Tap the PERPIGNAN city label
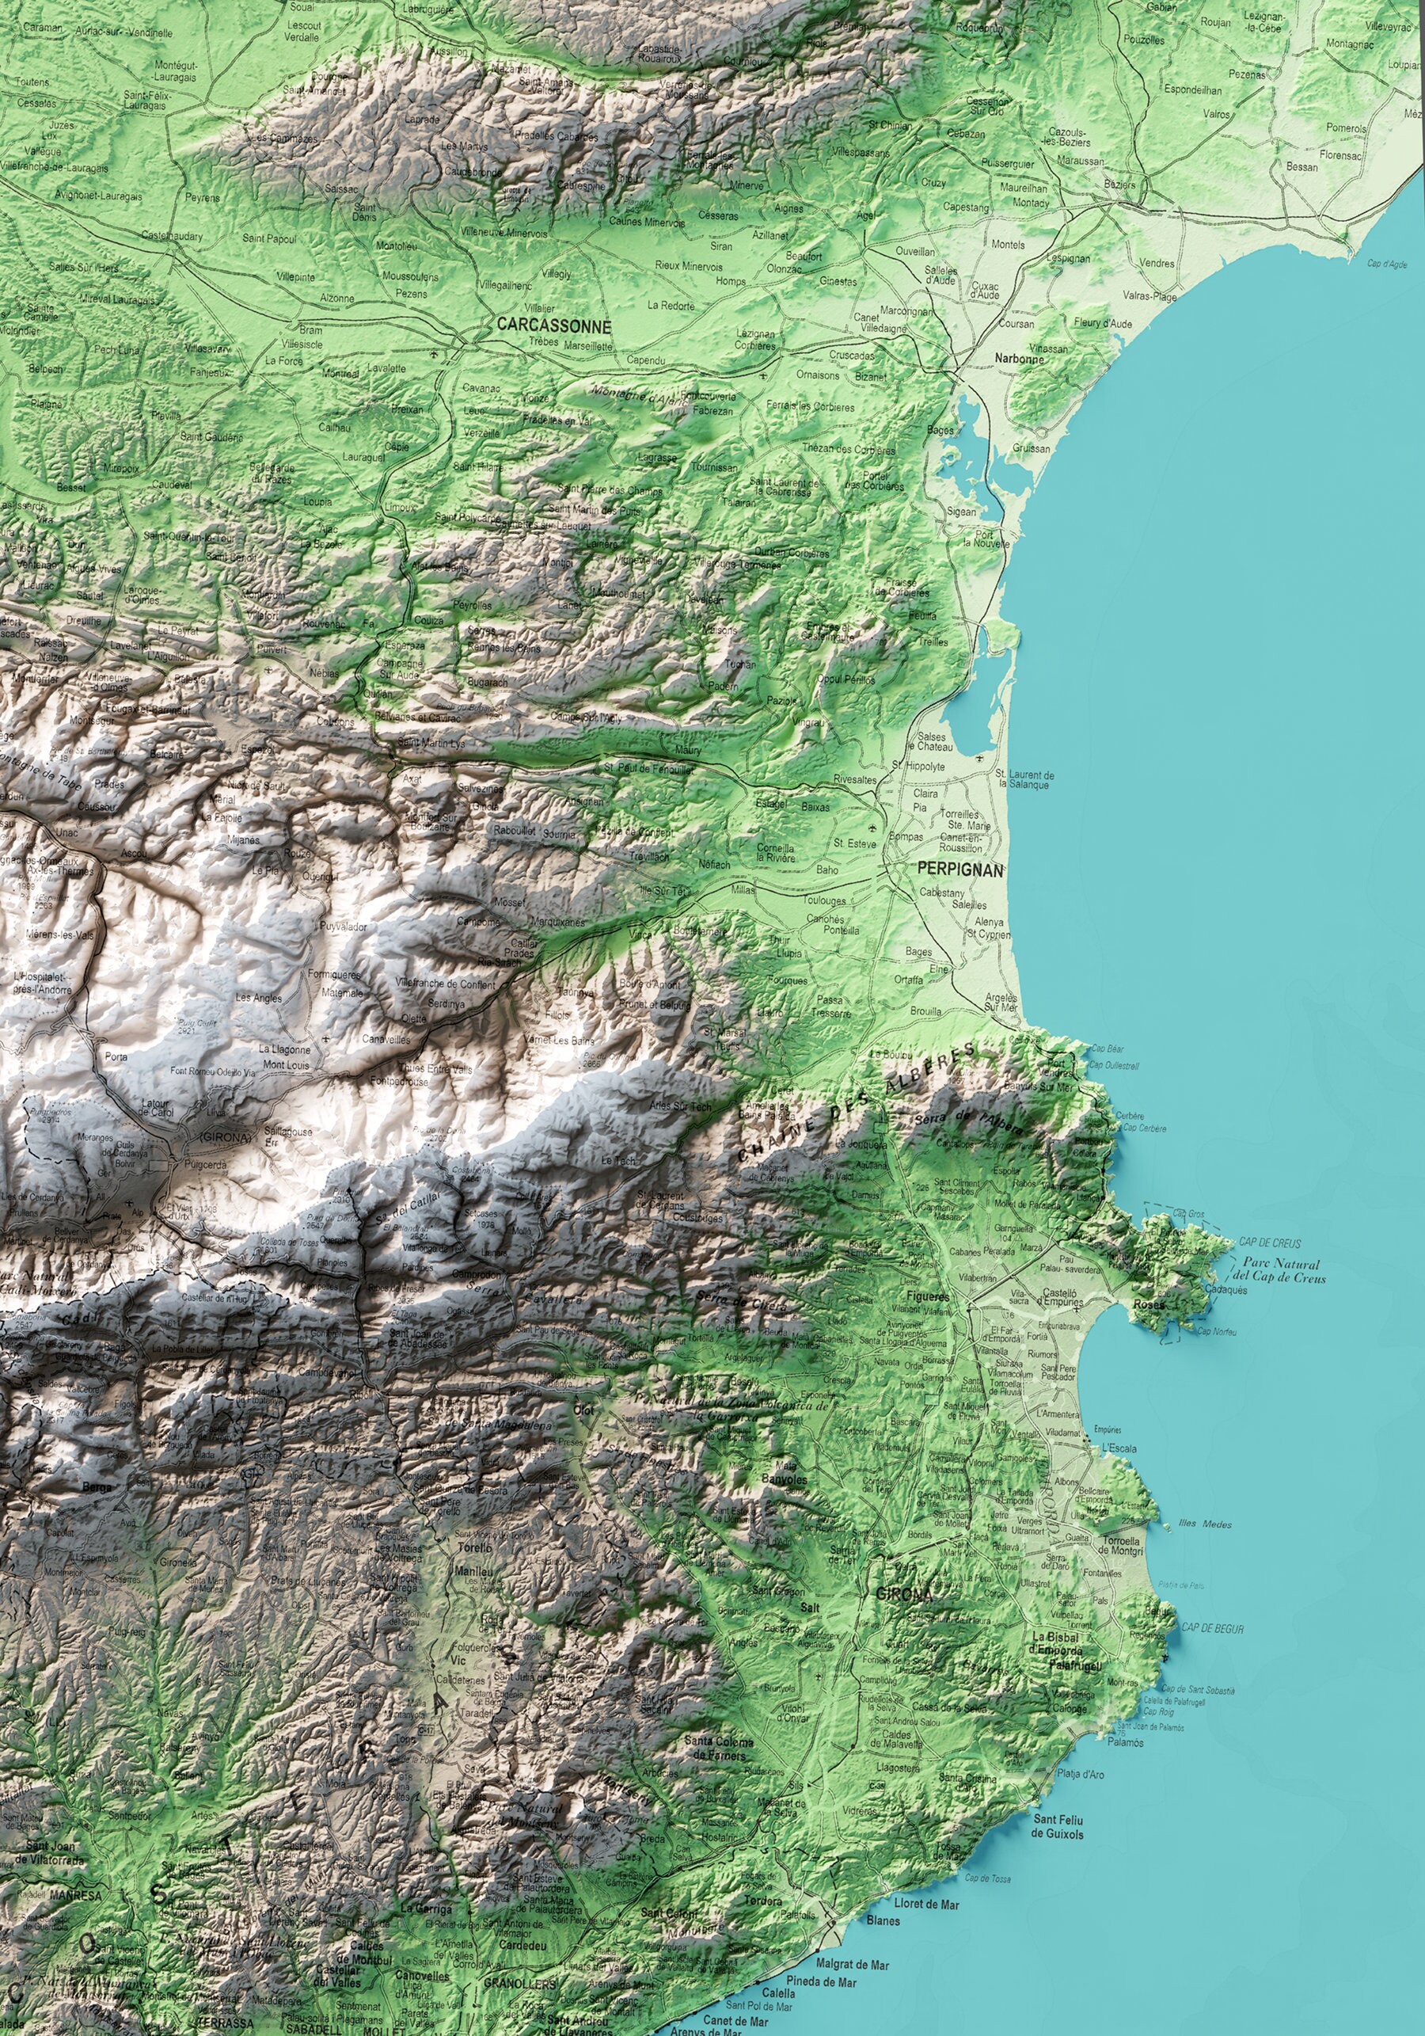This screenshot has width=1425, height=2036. [x=960, y=871]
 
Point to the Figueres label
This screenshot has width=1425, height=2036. [x=927, y=1296]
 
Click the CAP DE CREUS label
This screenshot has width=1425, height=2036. [x=1270, y=1243]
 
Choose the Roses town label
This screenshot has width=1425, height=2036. [x=1150, y=1305]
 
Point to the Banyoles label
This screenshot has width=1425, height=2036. [x=785, y=1480]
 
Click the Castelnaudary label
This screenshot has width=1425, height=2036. [x=172, y=237]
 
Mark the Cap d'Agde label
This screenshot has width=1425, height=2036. [x=1387, y=264]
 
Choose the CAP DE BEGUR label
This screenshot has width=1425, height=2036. [x=1212, y=1629]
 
